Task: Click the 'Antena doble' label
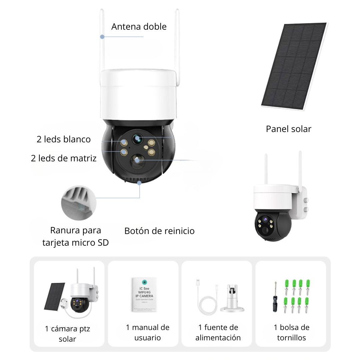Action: click(139, 27)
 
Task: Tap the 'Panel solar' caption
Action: click(288, 129)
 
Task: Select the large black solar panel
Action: click(293, 67)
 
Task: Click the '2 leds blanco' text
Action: click(64, 139)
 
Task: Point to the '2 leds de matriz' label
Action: click(64, 158)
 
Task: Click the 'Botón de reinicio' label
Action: click(159, 231)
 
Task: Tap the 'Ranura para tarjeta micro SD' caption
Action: click(76, 236)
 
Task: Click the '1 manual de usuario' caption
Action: click(148, 332)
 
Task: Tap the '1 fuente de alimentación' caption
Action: click(218, 332)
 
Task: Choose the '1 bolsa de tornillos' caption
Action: click(291, 332)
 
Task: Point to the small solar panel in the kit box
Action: click(54, 296)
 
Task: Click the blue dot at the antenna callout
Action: click(103, 37)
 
